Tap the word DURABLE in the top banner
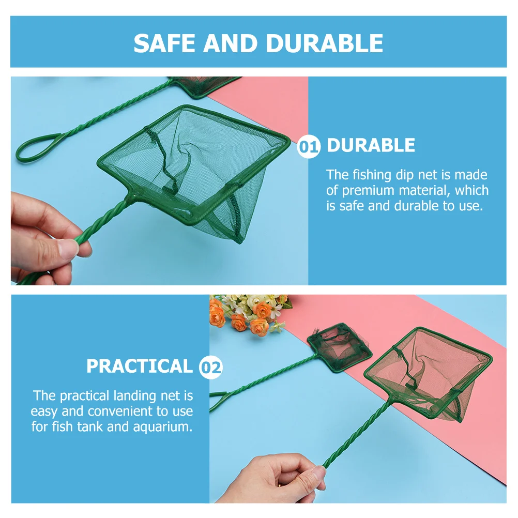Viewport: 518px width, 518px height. (x=325, y=43)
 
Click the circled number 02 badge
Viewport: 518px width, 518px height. (x=210, y=368)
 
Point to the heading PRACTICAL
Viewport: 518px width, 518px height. (x=139, y=366)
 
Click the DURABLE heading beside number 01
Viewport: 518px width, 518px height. (x=371, y=146)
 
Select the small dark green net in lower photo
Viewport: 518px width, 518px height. (x=340, y=346)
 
